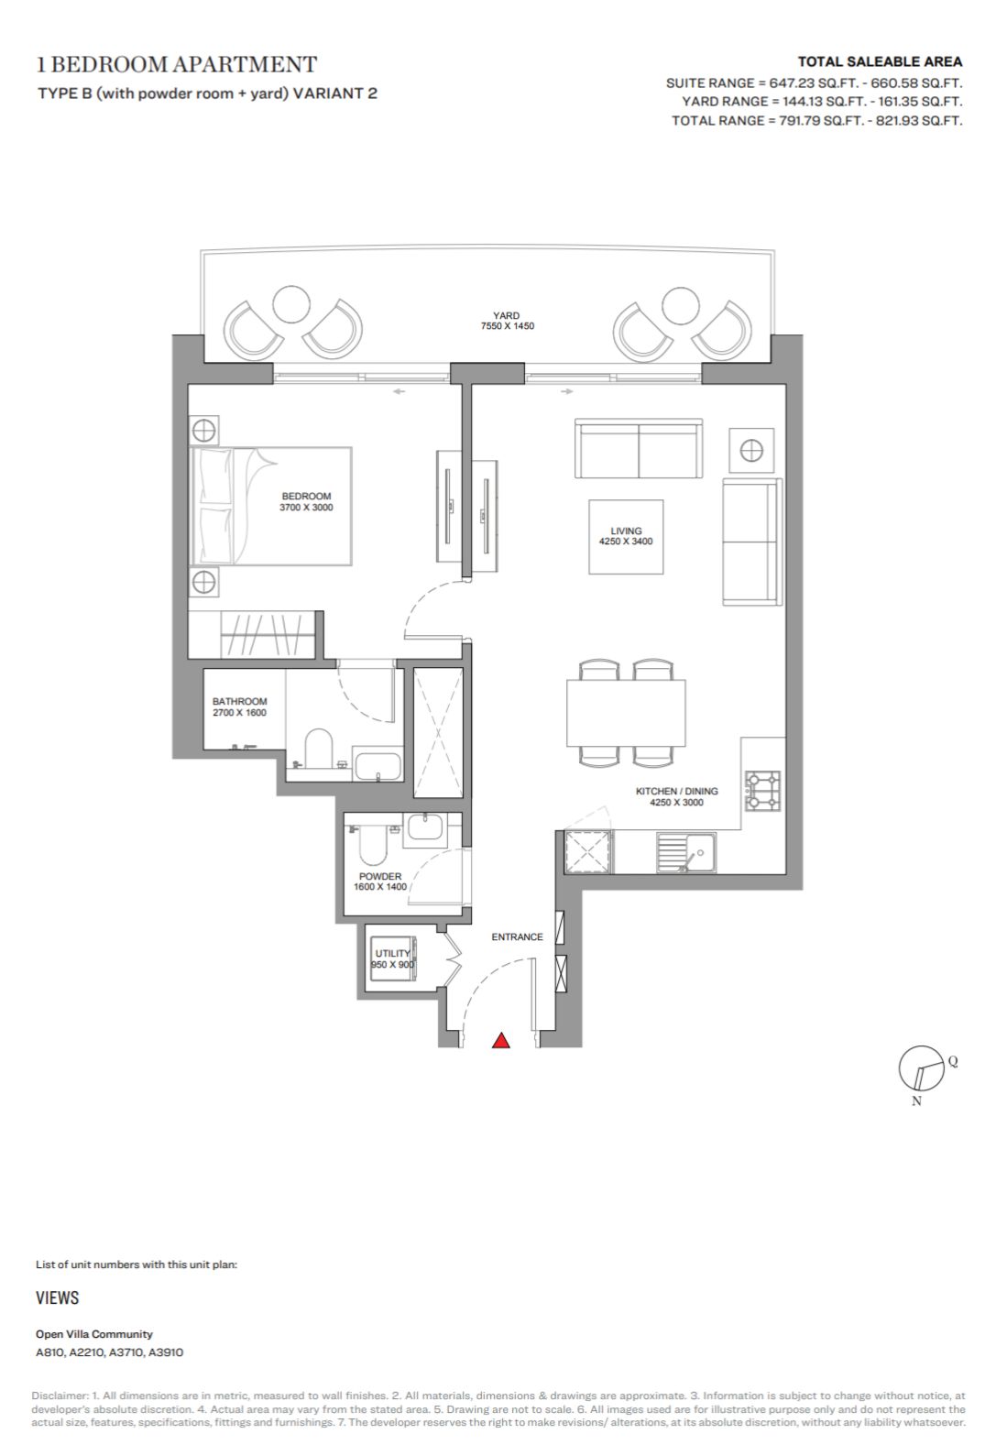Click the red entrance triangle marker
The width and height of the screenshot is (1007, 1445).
[x=501, y=1040]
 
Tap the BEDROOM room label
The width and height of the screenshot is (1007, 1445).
[x=306, y=496]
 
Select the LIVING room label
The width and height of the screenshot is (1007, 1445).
[x=626, y=531]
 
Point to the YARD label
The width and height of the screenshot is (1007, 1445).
[x=507, y=315]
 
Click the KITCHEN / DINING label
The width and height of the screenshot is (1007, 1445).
[x=677, y=791]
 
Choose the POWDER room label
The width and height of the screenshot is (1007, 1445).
[x=380, y=876]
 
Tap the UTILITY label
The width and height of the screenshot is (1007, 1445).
[x=392, y=953]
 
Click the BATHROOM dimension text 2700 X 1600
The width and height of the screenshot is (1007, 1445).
[x=239, y=712]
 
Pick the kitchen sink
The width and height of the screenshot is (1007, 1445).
[x=685, y=853]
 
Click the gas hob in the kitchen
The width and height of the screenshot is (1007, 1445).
[x=763, y=791]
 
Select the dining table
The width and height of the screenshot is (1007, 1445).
[x=626, y=713]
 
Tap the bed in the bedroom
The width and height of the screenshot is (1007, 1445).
[x=271, y=507]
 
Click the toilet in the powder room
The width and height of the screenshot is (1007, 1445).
[x=372, y=843]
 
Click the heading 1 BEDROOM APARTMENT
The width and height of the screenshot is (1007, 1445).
[x=178, y=64]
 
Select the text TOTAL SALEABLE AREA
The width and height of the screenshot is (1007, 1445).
[x=880, y=62]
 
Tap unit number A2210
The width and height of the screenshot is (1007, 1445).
[x=86, y=1352]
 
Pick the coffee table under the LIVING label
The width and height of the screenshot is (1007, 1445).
[x=626, y=537]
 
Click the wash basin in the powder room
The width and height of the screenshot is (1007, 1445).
[x=424, y=829]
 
